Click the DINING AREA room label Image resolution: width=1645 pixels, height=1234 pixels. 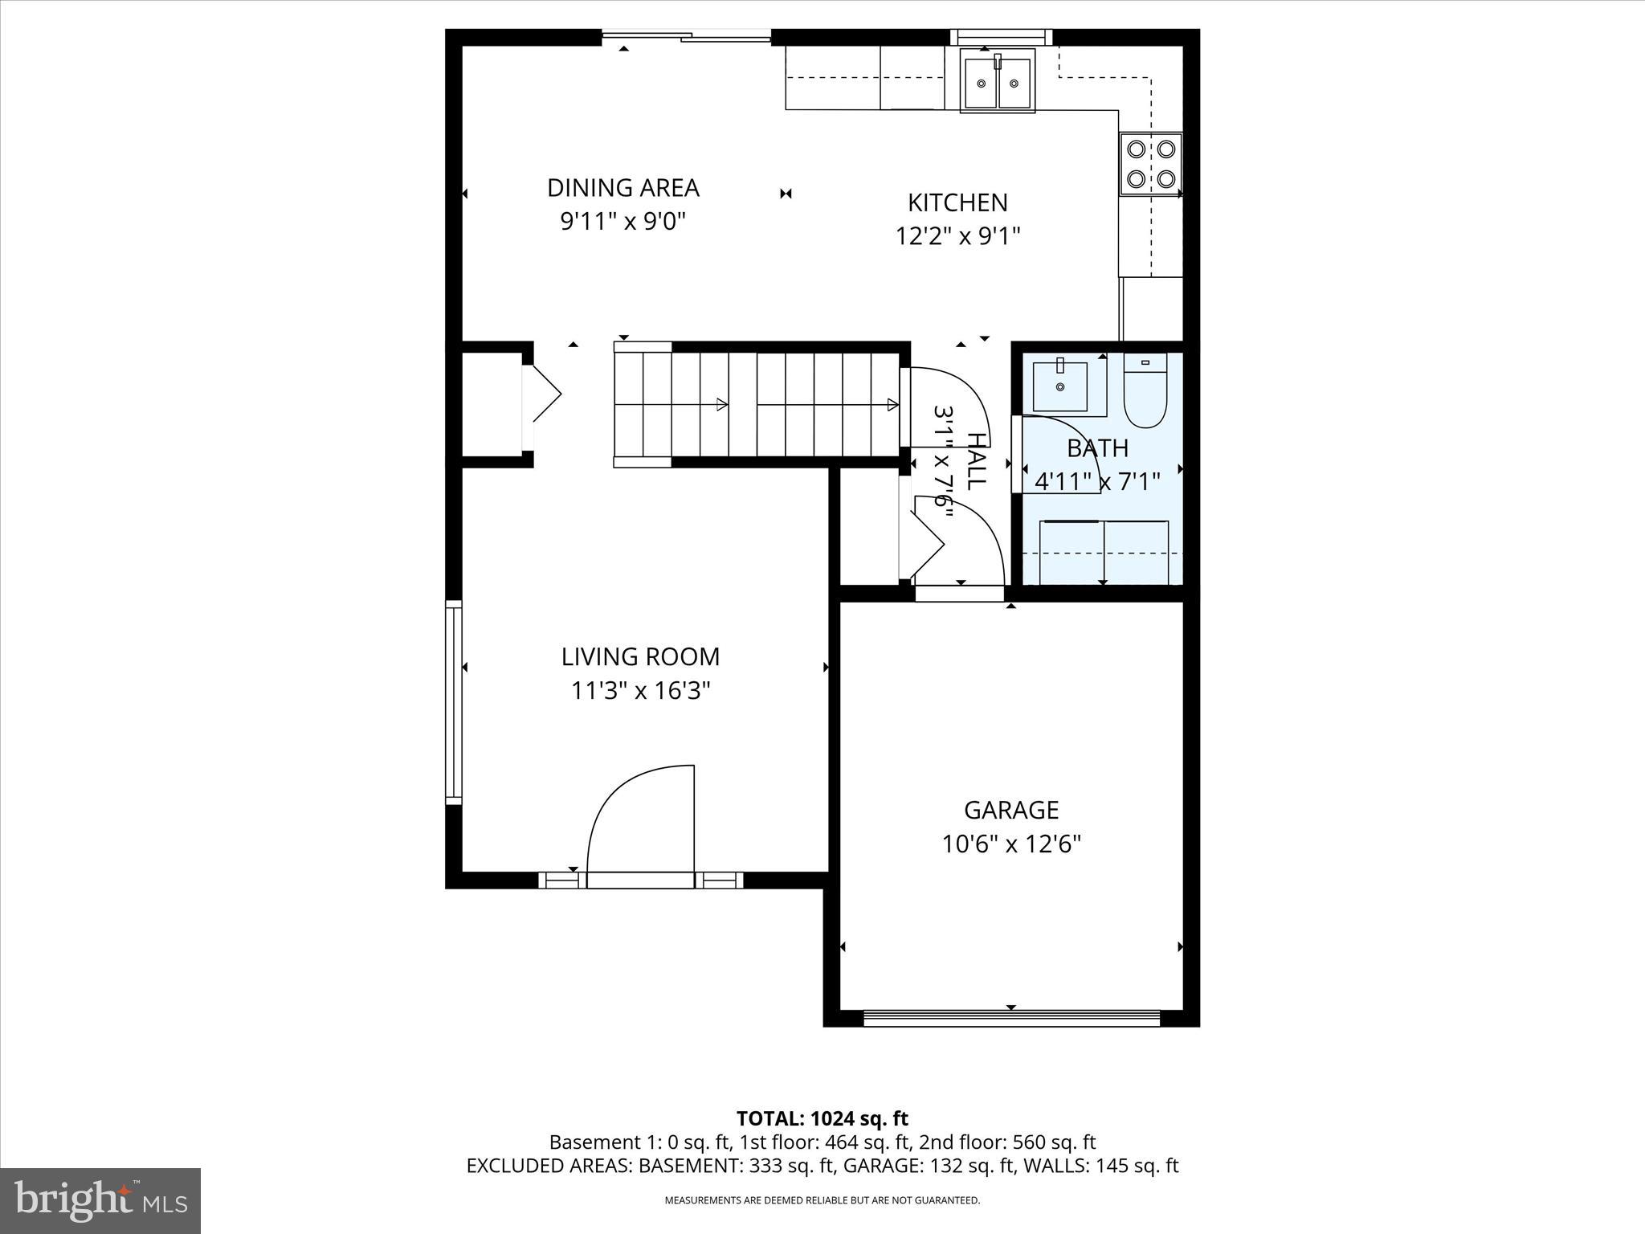622,187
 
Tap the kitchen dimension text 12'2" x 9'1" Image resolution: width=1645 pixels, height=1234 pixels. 957,236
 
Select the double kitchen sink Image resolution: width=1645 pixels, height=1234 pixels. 998,80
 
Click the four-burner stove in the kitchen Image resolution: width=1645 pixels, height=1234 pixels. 1150,164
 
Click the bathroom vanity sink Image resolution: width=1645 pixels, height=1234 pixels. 1060,386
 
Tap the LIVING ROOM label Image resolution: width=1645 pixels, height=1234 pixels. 640,656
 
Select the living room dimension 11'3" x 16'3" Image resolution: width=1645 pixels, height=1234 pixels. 640,690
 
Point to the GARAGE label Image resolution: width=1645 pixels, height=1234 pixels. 1011,809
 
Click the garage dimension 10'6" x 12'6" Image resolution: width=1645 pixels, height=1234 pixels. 1011,844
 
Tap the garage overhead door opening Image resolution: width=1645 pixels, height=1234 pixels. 1011,1018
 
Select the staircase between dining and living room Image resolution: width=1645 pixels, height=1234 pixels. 755,404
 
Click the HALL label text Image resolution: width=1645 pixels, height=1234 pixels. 975,462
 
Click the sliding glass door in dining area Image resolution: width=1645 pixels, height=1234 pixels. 687,35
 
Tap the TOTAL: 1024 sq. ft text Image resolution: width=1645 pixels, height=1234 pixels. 822,1118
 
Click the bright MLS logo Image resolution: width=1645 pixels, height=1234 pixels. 100,1201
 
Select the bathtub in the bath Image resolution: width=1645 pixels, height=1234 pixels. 1104,553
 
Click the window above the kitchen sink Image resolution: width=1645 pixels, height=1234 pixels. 1001,36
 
